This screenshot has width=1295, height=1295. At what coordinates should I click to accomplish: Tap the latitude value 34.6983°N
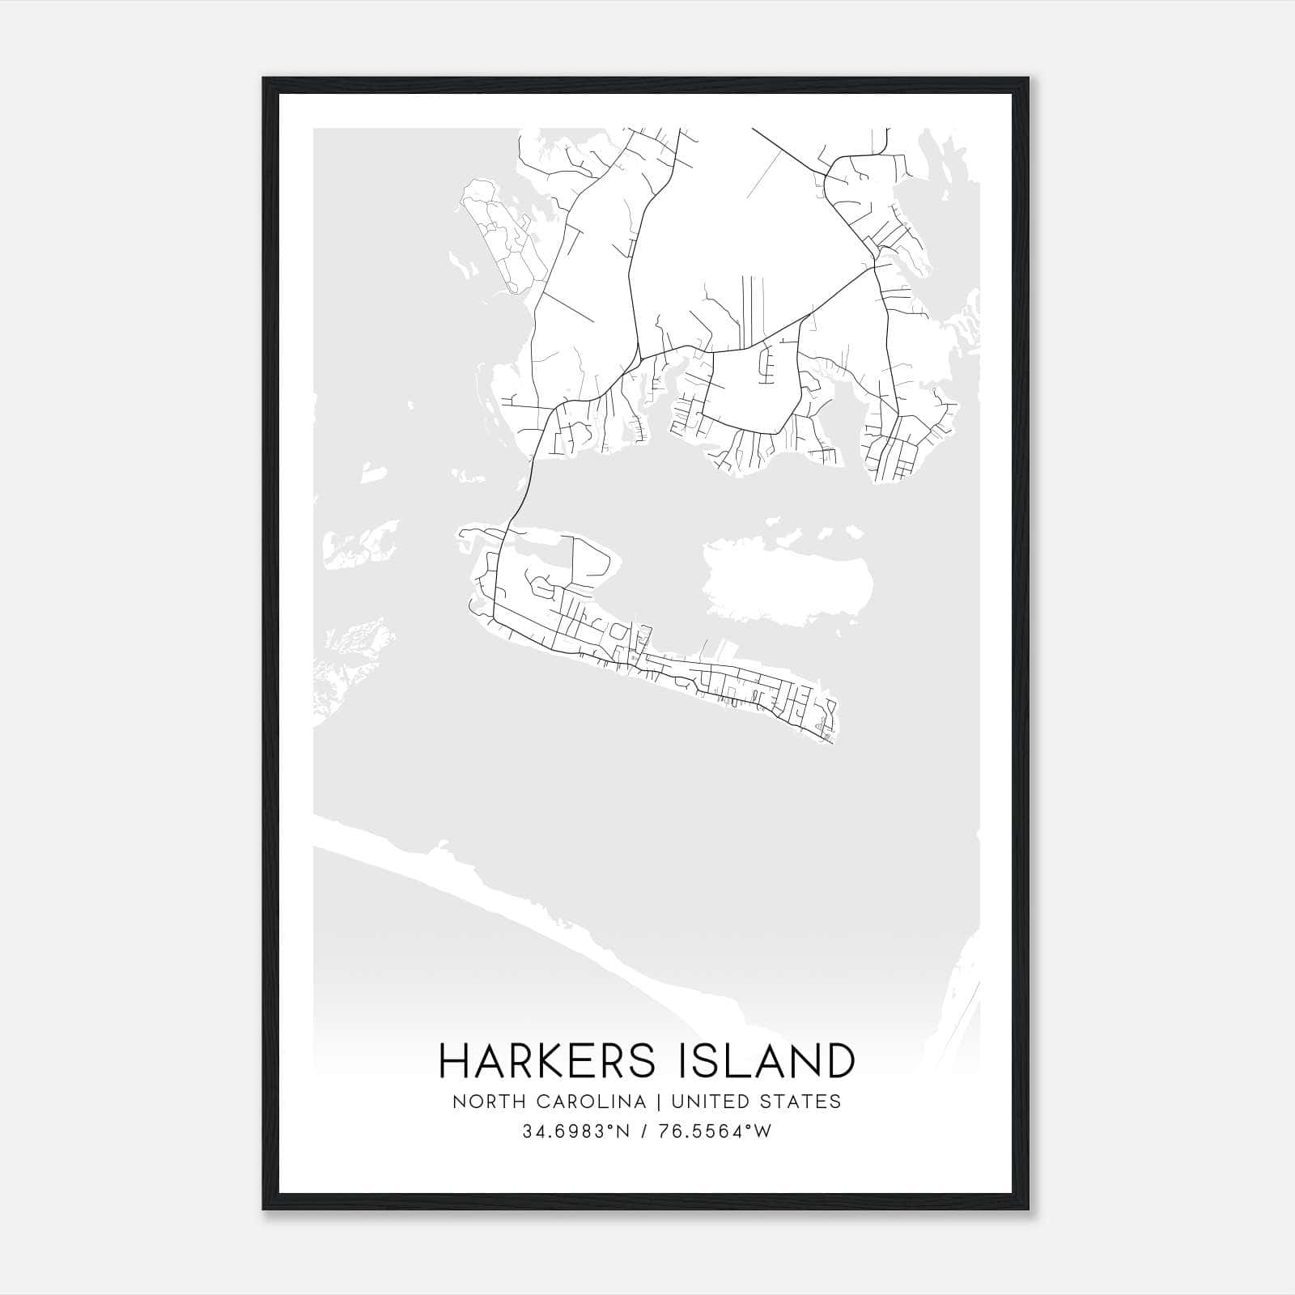[575, 1132]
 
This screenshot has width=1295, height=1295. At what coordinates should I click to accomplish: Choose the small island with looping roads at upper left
[498, 235]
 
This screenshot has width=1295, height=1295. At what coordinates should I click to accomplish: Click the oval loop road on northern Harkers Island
[591, 558]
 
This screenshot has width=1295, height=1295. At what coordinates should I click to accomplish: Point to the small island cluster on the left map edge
[360, 542]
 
